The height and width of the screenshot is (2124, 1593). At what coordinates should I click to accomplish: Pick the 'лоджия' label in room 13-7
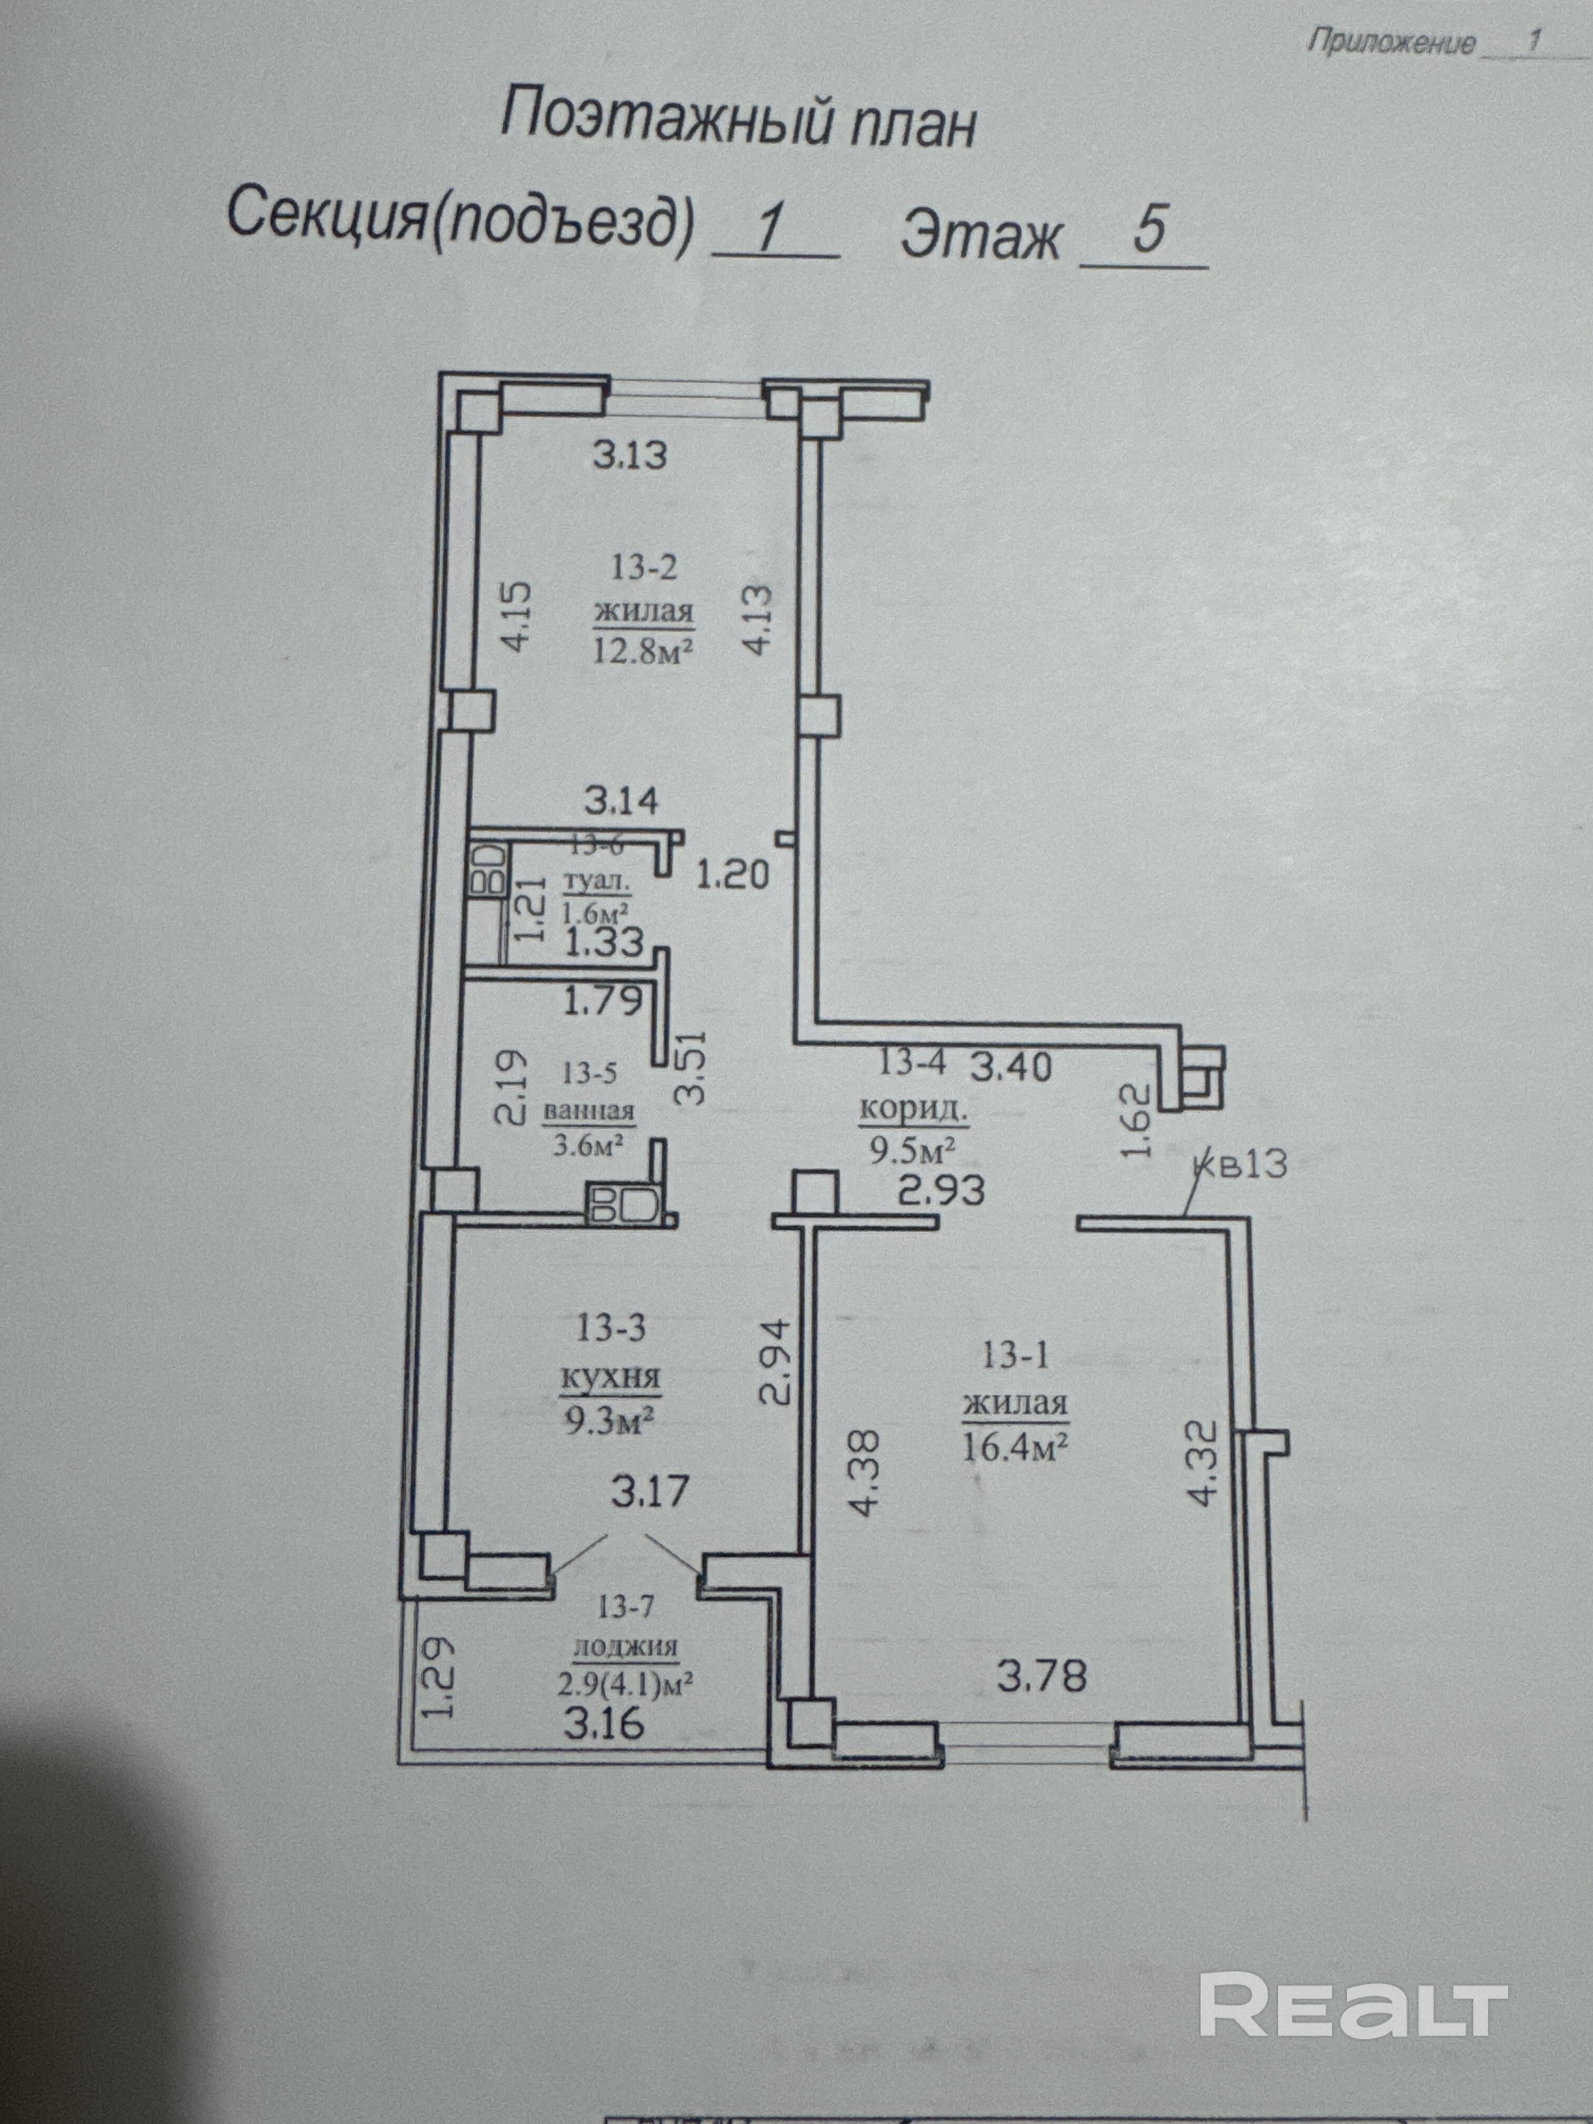(x=625, y=1648)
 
